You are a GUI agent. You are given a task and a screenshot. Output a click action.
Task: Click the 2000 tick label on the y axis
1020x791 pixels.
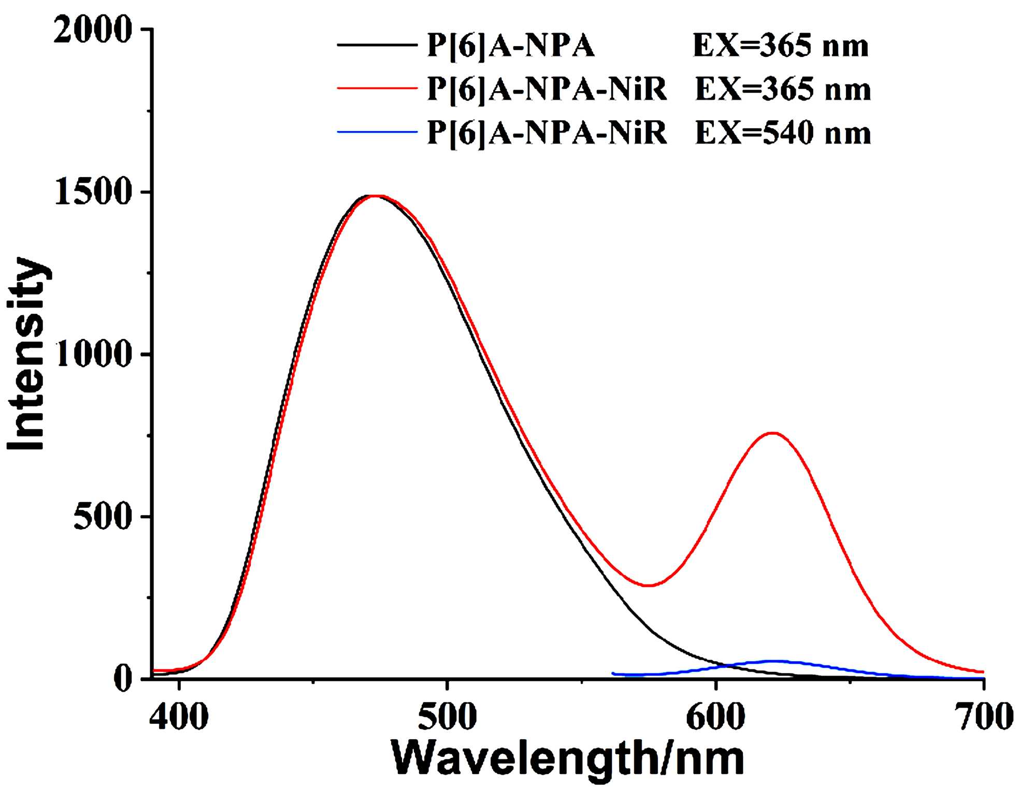coord(92,30)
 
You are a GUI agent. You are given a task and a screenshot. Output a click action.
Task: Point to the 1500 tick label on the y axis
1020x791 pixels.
coord(92,193)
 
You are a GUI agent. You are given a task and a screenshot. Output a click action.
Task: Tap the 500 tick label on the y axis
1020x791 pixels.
coord(103,517)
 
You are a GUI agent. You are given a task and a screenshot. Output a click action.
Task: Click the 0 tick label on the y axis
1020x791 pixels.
coord(123,678)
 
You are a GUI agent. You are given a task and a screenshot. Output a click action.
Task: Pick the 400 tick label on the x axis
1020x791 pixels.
coord(179,717)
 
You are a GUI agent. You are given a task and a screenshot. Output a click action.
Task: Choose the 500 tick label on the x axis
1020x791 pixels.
coord(447,717)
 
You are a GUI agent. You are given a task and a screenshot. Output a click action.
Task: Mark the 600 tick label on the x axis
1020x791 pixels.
coord(715,717)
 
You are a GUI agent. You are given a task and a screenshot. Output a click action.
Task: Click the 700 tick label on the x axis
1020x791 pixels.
coord(983,717)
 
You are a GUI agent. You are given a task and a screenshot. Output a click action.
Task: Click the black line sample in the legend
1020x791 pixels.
coord(377,45)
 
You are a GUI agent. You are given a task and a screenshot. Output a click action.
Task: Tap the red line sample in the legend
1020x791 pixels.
coord(377,89)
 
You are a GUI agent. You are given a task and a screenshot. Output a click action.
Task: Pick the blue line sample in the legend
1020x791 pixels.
coord(377,132)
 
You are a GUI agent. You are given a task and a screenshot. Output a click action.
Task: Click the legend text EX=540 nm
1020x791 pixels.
coord(783,133)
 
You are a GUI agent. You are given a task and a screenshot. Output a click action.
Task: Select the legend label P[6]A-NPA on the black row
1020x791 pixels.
coord(510,46)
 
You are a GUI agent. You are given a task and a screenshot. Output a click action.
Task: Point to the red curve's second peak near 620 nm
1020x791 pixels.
coord(773,433)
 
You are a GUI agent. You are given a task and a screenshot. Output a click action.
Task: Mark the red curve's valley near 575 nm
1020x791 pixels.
coord(648,585)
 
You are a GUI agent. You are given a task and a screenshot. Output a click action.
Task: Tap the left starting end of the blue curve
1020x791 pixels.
coord(613,673)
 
